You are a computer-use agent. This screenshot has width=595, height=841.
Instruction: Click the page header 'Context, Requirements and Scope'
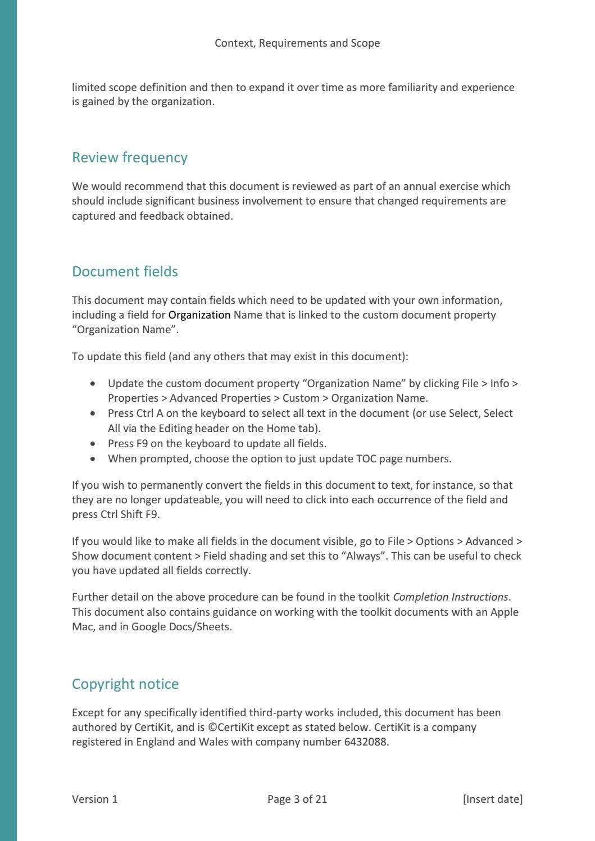coord(297,43)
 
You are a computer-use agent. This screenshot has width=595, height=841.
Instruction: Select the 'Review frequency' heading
coord(130,158)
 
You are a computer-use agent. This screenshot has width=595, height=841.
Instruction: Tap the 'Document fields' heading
coord(125,272)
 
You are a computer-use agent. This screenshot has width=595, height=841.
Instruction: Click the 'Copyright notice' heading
coord(125,684)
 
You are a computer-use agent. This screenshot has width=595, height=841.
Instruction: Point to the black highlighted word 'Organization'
coord(199,315)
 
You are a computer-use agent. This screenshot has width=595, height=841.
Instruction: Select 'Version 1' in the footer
coord(95,799)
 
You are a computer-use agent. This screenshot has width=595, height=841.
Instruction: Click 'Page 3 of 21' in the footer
coord(297,799)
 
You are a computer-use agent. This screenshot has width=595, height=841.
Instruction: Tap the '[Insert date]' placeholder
coord(493,799)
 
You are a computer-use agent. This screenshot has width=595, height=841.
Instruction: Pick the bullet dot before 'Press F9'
coord(93,444)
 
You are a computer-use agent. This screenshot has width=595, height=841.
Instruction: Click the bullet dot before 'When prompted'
coord(93,459)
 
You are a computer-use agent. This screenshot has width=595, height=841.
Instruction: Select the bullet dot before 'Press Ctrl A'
coord(93,413)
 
